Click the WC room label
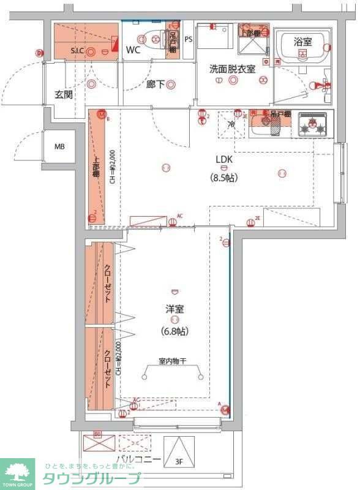(x=133, y=50)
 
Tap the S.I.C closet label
(x=77, y=51)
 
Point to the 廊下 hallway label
(x=155, y=85)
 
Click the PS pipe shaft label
(x=188, y=40)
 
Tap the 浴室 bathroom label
(x=302, y=42)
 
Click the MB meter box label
(x=59, y=147)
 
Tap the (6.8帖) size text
(x=174, y=331)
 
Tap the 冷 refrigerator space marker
(x=231, y=124)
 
